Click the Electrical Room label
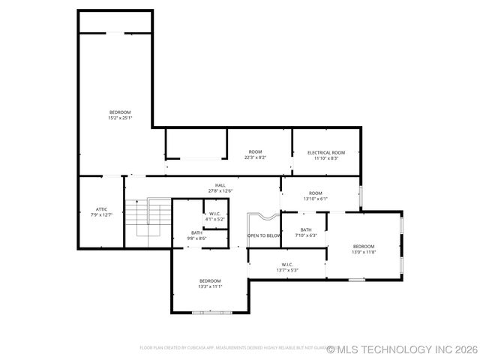click(326, 152)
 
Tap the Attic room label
click(102, 209)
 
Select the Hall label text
click(220, 185)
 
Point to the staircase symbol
click(147, 222)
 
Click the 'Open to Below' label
click(264, 235)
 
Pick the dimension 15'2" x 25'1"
click(120, 118)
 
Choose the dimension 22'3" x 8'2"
click(256, 157)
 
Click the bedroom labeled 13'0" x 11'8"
click(364, 247)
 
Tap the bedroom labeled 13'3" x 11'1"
click(210, 280)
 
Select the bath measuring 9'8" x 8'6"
click(196, 232)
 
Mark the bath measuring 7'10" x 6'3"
click(306, 230)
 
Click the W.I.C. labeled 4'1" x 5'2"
click(214, 214)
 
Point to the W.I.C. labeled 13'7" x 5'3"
click(287, 264)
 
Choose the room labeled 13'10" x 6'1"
click(316, 193)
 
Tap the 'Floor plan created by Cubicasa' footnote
click(232, 348)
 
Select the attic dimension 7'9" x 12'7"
click(102, 214)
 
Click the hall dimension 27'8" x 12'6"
click(220, 190)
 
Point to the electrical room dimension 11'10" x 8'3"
click(326, 157)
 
